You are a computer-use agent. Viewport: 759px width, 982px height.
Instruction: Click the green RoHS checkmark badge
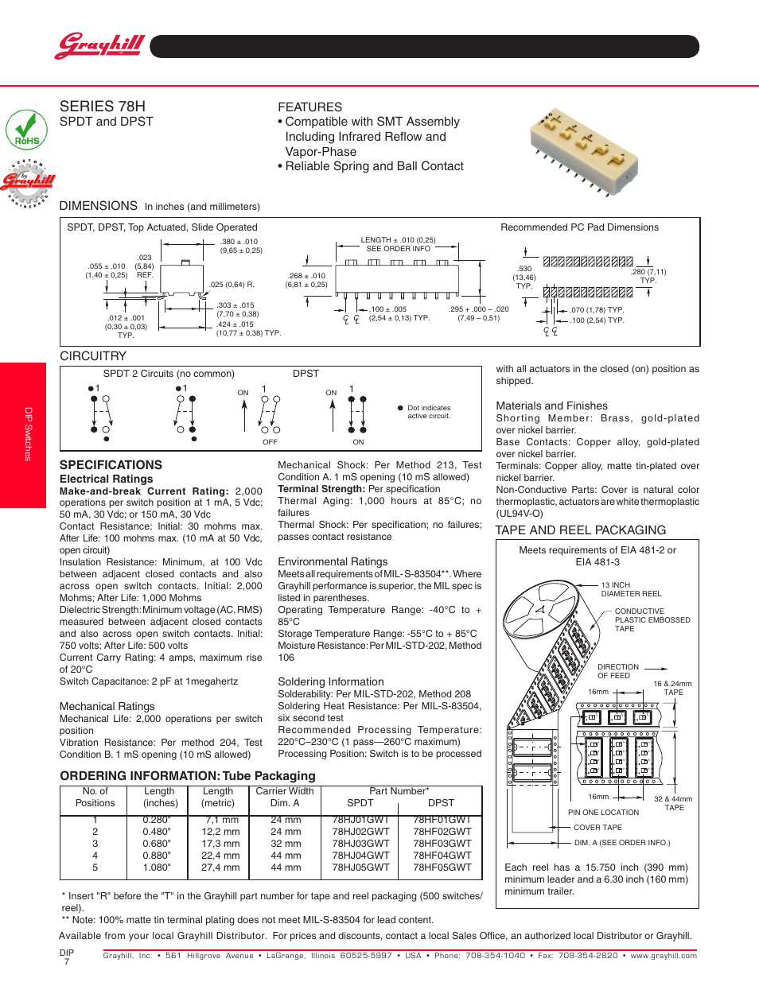point(26,130)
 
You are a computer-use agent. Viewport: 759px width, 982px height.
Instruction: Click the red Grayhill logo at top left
point(100,45)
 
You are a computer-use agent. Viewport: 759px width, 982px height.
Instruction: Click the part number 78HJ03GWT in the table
point(360,844)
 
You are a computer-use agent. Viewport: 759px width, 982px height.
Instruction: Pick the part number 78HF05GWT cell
point(442,867)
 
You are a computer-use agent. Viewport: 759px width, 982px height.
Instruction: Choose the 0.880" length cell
point(157,856)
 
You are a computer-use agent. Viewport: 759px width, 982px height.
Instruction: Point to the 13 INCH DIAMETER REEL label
point(631,589)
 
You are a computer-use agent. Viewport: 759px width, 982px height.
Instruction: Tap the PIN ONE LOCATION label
point(603,813)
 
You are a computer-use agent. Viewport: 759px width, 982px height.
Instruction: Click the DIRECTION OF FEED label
point(618,671)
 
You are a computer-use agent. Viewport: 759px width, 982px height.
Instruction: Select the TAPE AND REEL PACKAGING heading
point(580,530)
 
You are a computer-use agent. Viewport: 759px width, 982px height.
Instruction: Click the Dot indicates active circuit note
point(429,412)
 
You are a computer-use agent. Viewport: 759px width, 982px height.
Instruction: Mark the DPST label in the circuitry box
point(306,374)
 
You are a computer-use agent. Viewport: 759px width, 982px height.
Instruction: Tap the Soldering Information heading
point(330,681)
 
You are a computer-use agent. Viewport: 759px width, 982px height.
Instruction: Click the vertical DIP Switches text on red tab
point(28,434)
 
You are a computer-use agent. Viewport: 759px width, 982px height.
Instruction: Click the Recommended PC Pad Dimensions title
point(579,227)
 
